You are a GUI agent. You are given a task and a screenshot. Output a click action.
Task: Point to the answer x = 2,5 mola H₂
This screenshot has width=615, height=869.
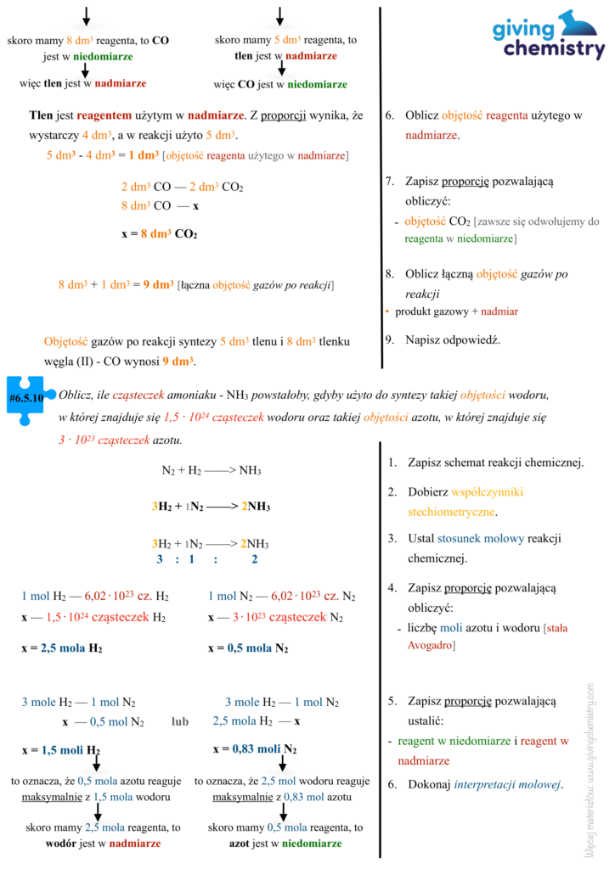tap(62, 648)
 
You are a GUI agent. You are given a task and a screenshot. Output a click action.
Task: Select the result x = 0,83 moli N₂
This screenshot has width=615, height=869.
tap(254, 749)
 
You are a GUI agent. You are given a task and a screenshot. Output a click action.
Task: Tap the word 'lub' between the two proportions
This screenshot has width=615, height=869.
tap(179, 721)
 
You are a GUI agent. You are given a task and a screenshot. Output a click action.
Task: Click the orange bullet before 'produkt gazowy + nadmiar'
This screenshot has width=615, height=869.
tap(387, 311)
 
